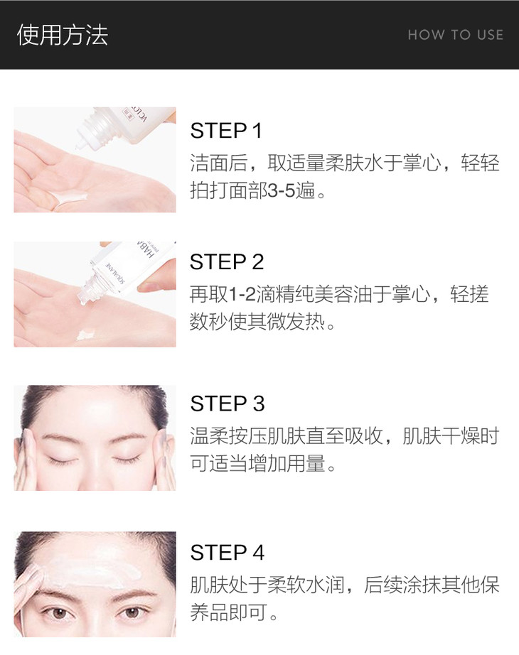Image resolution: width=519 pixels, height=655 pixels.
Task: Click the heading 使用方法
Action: coord(63,35)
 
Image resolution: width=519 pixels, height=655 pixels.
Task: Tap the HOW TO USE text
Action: coord(456,35)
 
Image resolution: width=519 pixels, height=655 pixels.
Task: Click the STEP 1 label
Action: coord(226,130)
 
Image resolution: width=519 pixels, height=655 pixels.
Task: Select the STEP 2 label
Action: coord(227,262)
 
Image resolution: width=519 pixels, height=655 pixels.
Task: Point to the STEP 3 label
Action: coord(227,404)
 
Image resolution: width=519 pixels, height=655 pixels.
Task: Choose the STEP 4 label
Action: coord(227,553)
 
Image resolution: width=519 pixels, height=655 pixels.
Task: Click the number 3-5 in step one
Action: coord(282,191)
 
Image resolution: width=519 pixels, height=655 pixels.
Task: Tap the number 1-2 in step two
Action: coord(242,294)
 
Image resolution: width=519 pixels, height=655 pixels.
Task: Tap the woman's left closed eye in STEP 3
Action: coord(63,460)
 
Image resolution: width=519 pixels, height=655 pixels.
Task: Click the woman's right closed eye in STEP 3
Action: coord(126,460)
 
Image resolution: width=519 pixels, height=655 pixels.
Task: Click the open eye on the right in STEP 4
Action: coord(132,613)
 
